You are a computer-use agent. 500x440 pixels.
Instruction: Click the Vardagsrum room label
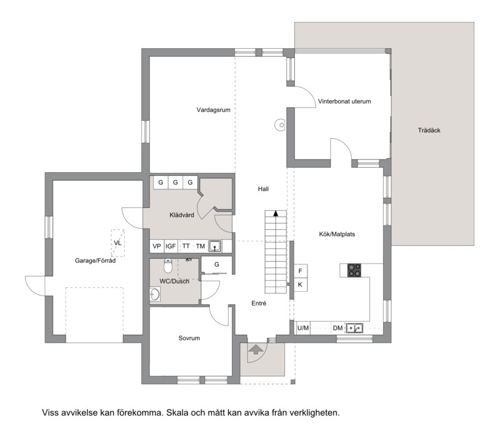pyautogui.click(x=213, y=110)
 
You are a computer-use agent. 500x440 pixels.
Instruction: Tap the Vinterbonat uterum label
pyautogui.click(x=344, y=101)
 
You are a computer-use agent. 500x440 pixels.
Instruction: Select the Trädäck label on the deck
pyautogui.click(x=429, y=130)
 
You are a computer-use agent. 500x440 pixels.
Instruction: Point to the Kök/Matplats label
pyautogui.click(x=337, y=234)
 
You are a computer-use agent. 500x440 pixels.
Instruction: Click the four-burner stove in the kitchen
pyautogui.click(x=354, y=270)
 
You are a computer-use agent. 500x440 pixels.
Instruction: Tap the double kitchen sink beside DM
pyautogui.click(x=354, y=328)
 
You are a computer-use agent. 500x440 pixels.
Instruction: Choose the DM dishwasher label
pyautogui.click(x=337, y=328)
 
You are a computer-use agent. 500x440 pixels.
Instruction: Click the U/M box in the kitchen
pyautogui.click(x=303, y=328)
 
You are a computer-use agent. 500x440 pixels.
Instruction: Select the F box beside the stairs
pyautogui.click(x=301, y=271)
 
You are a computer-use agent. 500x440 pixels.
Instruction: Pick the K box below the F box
pyautogui.click(x=301, y=285)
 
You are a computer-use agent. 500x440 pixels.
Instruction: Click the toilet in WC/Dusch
pyautogui.click(x=168, y=265)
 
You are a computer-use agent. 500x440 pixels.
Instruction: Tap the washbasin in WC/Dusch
pyautogui.click(x=155, y=295)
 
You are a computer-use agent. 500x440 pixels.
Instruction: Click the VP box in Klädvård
pyautogui.click(x=157, y=246)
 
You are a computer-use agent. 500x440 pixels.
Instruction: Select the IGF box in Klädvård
pyautogui.click(x=171, y=246)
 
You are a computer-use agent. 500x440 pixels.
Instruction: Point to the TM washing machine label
pyautogui.click(x=200, y=246)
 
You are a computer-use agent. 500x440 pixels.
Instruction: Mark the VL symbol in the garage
pyautogui.click(x=117, y=243)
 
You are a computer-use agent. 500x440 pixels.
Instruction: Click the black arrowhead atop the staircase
pyautogui.click(x=276, y=213)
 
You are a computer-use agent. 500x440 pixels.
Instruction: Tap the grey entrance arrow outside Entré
pyautogui.click(x=256, y=349)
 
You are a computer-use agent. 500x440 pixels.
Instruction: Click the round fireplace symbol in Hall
pyautogui.click(x=280, y=125)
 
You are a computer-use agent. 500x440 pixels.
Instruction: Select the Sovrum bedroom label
pyautogui.click(x=189, y=338)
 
